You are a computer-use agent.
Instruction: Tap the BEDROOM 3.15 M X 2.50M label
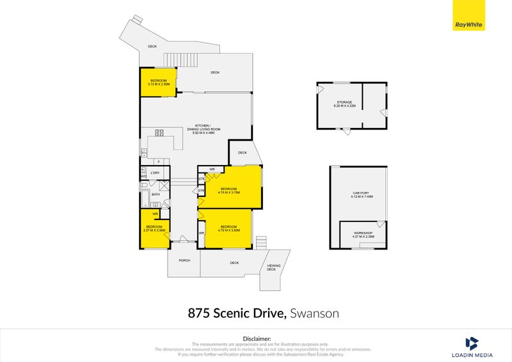158,82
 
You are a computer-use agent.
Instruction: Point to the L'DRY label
154,173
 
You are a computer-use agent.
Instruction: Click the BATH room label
156,194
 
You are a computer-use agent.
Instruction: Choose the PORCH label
184,260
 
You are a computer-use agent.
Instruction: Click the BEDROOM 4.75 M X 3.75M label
229,191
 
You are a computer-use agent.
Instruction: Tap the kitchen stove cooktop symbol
159,133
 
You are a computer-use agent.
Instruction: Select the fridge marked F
158,162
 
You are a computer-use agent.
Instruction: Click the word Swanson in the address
314,313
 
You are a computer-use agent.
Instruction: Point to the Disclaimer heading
256,338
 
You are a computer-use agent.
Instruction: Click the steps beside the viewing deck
260,243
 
